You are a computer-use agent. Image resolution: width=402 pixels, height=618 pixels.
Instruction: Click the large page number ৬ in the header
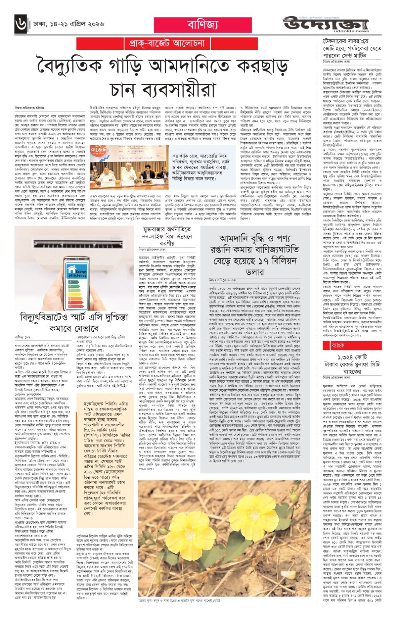tap(20, 25)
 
